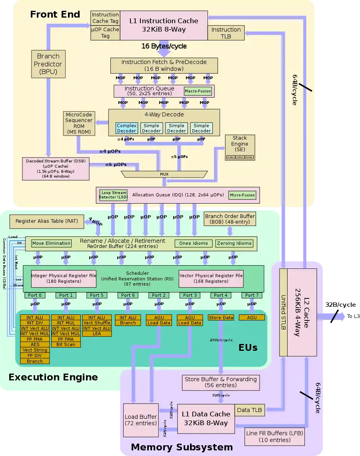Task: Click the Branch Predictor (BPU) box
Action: click(x=48, y=64)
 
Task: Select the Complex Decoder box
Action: click(x=126, y=128)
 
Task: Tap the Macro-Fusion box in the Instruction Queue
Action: click(x=198, y=91)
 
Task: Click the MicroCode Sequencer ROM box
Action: click(x=79, y=123)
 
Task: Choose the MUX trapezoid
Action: click(x=164, y=174)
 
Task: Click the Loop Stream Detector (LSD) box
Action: click(x=113, y=195)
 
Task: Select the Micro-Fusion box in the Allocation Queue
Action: click(x=242, y=195)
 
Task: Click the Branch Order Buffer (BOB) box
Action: click(x=230, y=219)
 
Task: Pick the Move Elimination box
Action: click(x=52, y=243)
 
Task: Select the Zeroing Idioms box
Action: click(x=234, y=243)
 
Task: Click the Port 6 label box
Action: click(x=128, y=295)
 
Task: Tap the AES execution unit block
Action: click(x=35, y=344)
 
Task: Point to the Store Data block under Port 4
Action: click(x=221, y=318)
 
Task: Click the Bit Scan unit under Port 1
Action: click(x=66, y=344)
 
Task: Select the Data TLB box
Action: click(x=249, y=410)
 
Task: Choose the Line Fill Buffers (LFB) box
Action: click(x=274, y=436)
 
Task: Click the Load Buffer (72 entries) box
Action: click(x=140, y=420)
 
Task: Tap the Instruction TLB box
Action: click(x=226, y=33)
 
